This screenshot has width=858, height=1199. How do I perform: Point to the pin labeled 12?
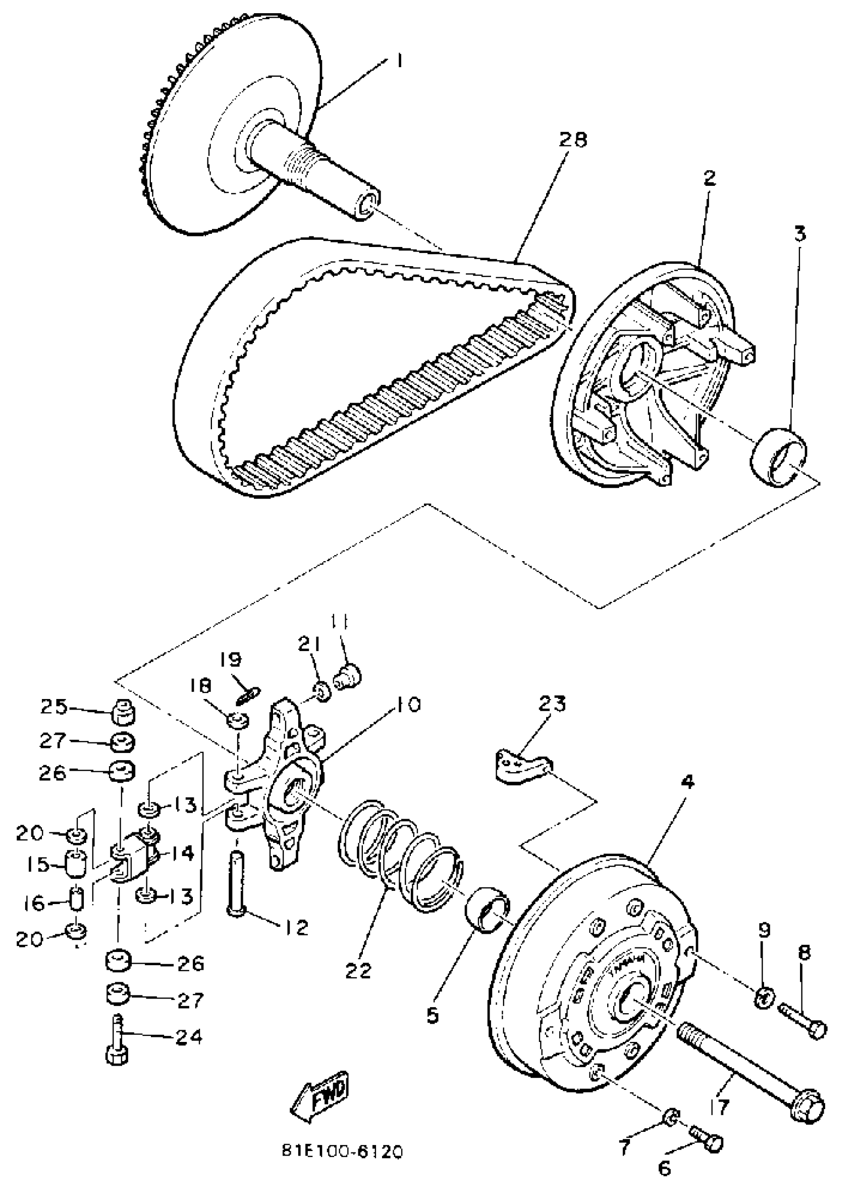pos(236,887)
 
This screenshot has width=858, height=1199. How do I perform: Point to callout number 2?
pos(709,178)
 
